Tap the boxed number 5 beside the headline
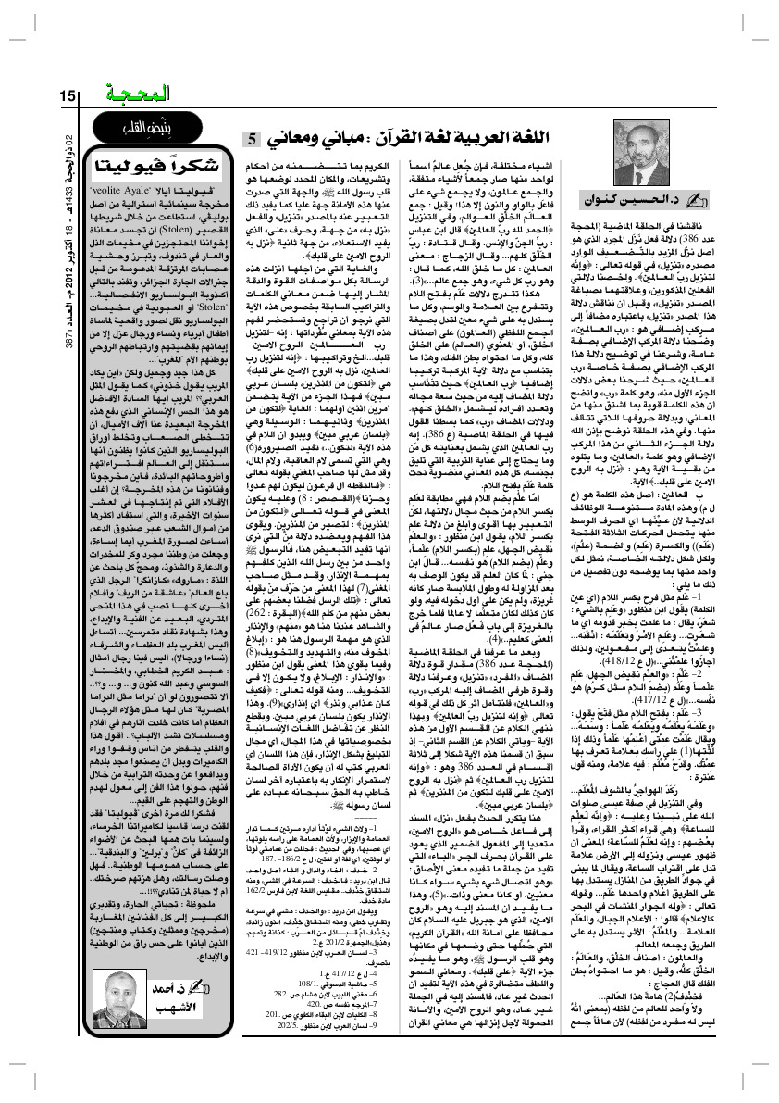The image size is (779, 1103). (252, 141)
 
